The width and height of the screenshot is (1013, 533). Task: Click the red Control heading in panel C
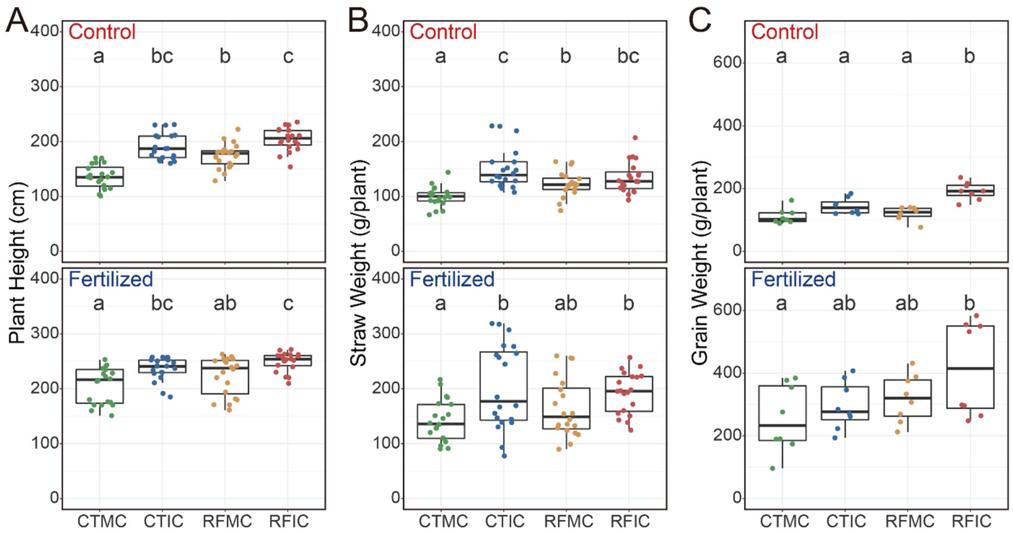tap(785, 32)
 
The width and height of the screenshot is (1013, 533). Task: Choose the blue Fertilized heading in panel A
tap(111, 279)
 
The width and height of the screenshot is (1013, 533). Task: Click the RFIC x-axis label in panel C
tap(971, 521)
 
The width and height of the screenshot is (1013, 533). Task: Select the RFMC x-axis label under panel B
tap(568, 521)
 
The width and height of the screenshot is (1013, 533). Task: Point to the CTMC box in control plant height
tap(100, 177)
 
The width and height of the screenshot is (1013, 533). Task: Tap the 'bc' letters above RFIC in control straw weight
tap(628, 56)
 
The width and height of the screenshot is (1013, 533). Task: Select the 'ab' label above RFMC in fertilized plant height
tap(225, 303)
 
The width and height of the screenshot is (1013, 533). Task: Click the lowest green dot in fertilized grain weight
tap(772, 468)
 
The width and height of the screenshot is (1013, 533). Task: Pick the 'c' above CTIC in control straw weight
tap(503, 56)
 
